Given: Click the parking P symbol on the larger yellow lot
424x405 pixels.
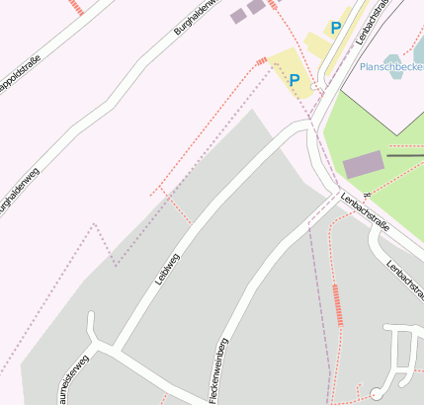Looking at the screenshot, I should click(294, 78).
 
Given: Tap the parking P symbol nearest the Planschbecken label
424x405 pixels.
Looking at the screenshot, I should click(336, 29).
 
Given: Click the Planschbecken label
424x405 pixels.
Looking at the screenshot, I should click(390, 67).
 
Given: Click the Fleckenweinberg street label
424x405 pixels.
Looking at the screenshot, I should click(218, 369).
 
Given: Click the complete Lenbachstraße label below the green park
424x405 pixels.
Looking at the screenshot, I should click(365, 212).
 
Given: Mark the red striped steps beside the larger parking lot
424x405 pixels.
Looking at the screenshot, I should click(262, 61).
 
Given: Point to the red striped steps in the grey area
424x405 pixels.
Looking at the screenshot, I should click(338, 304).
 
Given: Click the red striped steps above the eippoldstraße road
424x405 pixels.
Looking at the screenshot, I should click(77, 6).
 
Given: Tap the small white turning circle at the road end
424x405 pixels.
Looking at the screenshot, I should click(376, 394).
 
